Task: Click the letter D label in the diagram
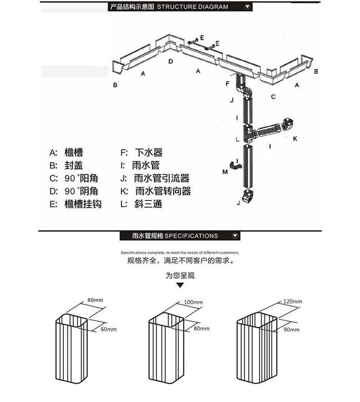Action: point(170,62)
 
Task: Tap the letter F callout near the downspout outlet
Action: point(228,83)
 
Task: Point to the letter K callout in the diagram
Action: point(295,139)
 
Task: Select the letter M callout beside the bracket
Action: point(225,171)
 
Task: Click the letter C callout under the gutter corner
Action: point(273,96)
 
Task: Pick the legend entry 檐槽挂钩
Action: point(83,204)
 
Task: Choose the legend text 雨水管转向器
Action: point(163,191)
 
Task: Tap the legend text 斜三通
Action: point(148,204)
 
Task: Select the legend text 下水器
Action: point(149,153)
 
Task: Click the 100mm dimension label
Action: point(193,302)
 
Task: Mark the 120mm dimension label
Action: point(293,301)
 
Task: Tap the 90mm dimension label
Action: point(291,330)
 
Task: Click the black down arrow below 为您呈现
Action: point(180,285)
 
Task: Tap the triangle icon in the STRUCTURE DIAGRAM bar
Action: point(248,7)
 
